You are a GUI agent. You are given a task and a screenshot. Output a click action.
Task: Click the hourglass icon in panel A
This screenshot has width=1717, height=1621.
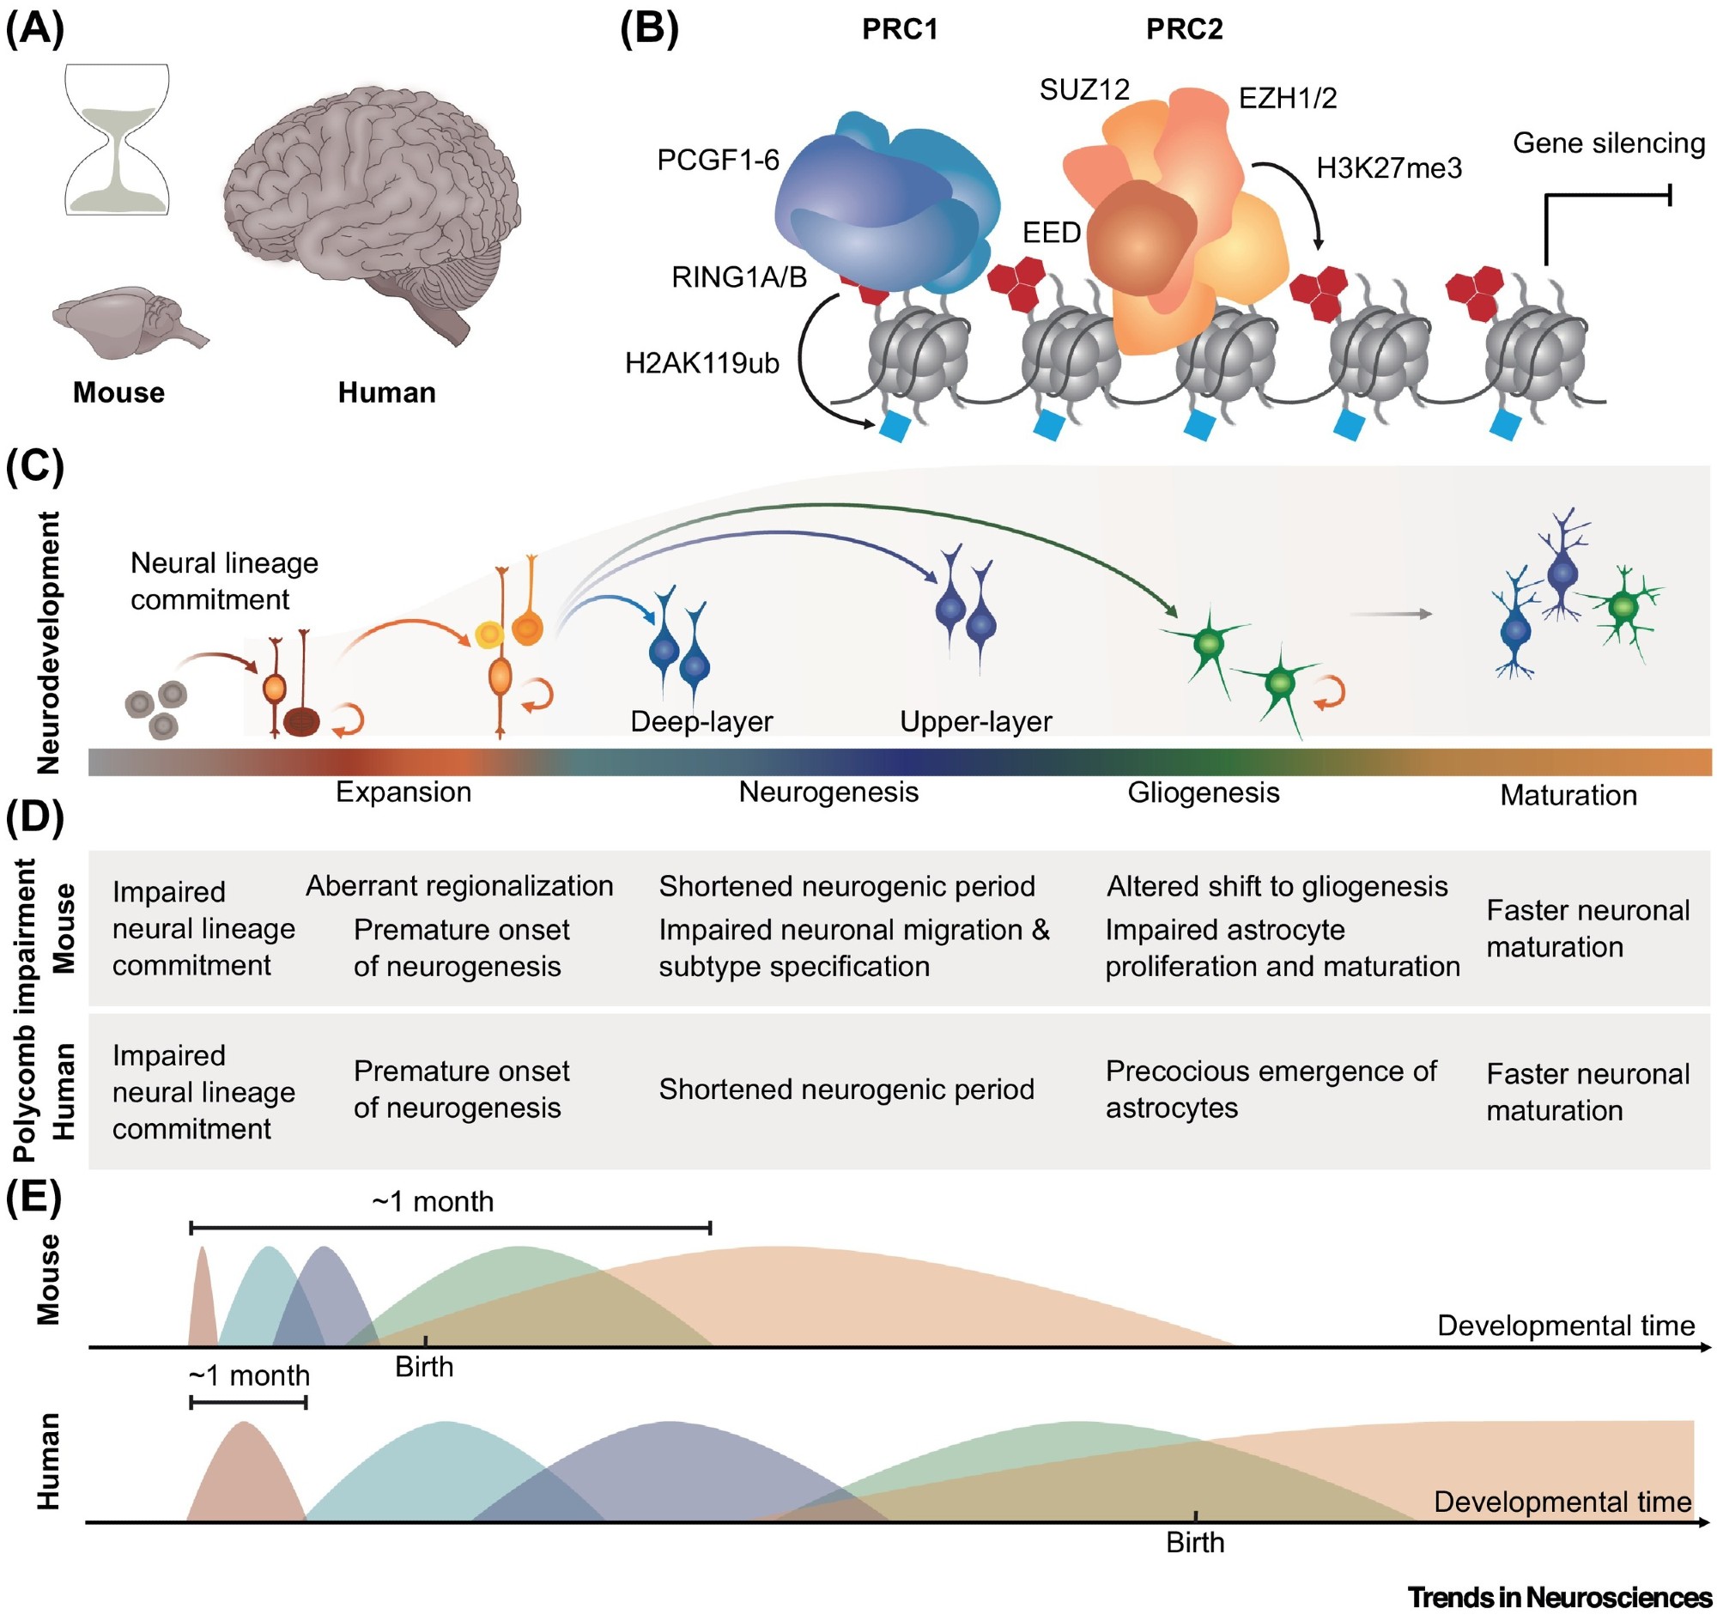coord(118,139)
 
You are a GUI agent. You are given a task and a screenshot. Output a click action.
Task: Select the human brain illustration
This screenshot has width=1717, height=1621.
coord(372,208)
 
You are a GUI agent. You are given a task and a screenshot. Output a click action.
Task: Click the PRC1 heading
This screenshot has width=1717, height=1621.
coord(900,29)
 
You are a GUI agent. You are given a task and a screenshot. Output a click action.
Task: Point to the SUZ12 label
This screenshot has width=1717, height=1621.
coord(1084,90)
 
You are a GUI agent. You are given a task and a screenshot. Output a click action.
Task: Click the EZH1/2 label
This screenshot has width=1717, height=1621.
coord(1288,99)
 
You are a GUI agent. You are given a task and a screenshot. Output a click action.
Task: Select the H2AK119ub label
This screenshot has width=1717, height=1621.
coord(701,364)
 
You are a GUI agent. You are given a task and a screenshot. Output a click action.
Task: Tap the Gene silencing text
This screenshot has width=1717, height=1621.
coord(1608,143)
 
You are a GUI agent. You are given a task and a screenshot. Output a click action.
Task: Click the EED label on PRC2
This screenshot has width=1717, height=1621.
coord(1052,233)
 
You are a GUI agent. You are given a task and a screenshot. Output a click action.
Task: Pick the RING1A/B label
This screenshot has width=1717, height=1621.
coord(739,277)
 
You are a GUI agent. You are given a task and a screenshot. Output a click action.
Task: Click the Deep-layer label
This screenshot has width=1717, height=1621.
coord(701,721)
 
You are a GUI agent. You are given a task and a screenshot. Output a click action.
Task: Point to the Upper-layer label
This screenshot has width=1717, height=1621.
coord(975,721)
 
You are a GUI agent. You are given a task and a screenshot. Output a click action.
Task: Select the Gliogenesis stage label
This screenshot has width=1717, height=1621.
coord(1203,792)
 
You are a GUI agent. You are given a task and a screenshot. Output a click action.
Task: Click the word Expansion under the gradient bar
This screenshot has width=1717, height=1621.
coord(403,792)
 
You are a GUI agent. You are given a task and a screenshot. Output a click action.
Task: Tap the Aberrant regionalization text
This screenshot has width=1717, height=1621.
coord(458,887)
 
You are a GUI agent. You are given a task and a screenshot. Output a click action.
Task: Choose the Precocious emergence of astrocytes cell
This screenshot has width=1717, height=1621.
coord(1271,1090)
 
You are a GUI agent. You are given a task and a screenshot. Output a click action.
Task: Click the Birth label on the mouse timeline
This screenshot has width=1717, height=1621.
coord(424,1368)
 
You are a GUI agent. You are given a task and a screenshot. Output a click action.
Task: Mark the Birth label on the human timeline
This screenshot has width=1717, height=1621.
coord(1195,1543)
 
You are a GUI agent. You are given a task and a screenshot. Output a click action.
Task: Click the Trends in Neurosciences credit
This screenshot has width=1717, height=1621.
coord(1559,1598)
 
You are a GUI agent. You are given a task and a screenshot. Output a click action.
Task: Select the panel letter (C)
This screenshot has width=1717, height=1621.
coord(34,466)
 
